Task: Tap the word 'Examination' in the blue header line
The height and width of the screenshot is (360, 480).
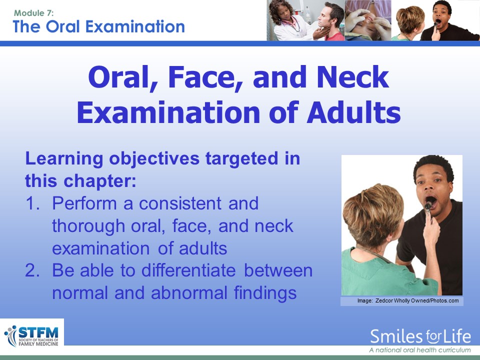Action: click(135, 26)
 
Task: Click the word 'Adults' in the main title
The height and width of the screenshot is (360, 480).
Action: click(353, 112)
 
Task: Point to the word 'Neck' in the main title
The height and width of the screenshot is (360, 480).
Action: click(352, 77)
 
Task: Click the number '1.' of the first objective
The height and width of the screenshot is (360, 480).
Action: click(32, 203)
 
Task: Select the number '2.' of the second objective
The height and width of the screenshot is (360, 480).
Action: click(32, 270)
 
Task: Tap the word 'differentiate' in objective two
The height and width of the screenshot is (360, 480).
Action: click(188, 270)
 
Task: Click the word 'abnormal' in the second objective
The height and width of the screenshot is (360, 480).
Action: click(189, 292)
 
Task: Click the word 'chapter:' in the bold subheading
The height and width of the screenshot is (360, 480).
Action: click(100, 181)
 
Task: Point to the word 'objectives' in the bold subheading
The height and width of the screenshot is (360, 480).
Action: click(154, 159)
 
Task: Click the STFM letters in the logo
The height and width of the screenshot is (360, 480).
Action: click(38, 333)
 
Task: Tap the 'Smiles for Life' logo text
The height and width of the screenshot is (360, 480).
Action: click(420, 336)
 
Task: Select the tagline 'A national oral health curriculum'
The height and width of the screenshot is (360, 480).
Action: click(419, 350)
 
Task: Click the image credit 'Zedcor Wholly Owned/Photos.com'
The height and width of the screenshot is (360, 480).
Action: click(417, 300)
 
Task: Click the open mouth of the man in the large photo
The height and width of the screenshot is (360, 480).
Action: click(430, 202)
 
